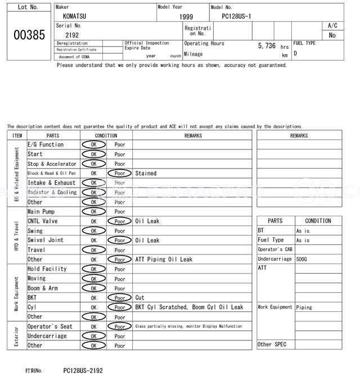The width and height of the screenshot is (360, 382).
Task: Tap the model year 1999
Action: point(186,17)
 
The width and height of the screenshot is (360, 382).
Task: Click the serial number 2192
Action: point(72,35)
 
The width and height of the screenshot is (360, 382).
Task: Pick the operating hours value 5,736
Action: point(267,46)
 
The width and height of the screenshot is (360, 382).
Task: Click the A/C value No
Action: point(332,35)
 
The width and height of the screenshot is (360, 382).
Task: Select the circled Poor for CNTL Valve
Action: point(120,221)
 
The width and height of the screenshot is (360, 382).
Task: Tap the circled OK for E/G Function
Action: point(93,145)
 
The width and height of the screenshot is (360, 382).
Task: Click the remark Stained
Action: point(146,174)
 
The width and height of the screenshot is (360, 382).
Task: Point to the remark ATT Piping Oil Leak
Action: point(164,260)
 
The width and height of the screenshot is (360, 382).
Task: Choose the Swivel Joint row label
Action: point(46,240)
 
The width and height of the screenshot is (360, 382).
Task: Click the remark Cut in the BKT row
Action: point(139,298)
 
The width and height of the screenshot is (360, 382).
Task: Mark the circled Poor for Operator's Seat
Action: point(120,326)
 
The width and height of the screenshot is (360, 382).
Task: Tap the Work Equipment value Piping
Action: point(304,307)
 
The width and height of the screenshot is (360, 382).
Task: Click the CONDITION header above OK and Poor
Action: point(106,135)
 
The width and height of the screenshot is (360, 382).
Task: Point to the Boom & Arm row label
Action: point(42,288)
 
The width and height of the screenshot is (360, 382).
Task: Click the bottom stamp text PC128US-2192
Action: point(83,371)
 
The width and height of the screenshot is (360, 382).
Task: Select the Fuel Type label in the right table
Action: point(271,240)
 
